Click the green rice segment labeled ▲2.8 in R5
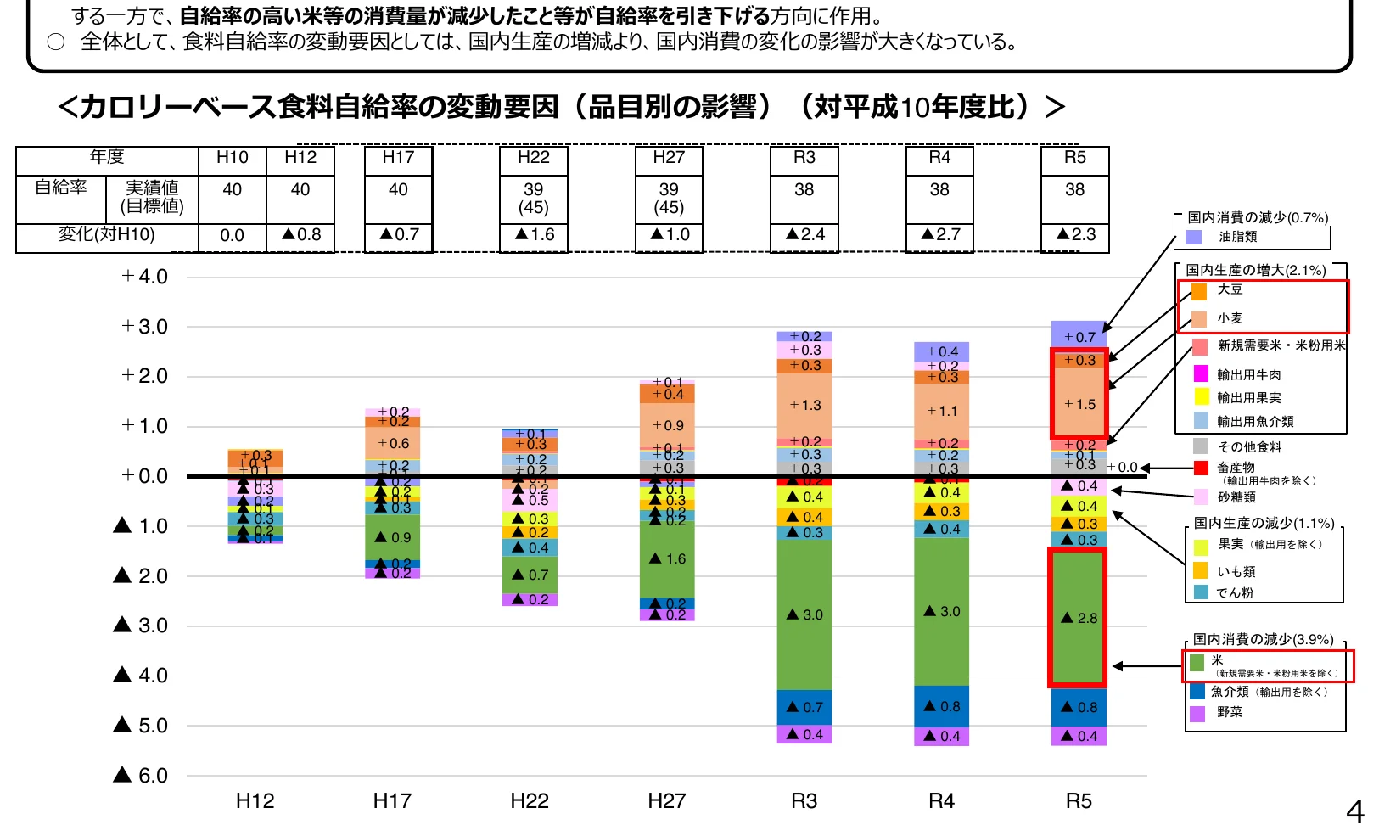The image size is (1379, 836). pos(1078,617)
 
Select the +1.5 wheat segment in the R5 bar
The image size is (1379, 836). pos(1078,404)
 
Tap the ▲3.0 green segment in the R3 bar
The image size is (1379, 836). pos(804,614)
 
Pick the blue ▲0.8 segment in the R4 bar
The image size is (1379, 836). pos(941,706)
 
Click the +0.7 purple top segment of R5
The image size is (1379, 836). pos(1079,335)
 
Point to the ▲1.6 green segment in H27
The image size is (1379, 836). pos(667,558)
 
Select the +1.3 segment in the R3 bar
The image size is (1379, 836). pos(804,405)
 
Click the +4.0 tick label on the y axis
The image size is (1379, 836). pos(144,277)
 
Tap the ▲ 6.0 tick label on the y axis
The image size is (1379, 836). pos(141,775)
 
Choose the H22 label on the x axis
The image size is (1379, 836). pos(530,800)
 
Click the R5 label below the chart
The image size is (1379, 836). pos(1079,800)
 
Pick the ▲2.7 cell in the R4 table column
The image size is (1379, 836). pos(940,234)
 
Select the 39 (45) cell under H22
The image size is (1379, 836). pos(533,198)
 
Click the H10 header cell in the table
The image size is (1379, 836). pos(232,158)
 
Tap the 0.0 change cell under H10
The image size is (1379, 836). pos(232,235)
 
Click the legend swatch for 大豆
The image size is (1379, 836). pos(1199,292)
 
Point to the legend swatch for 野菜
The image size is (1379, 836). pos(1197,713)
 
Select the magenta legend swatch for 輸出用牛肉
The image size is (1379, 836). pos(1201,373)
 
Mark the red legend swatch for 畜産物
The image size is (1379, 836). pos(1200,468)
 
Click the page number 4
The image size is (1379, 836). pos(1354,813)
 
